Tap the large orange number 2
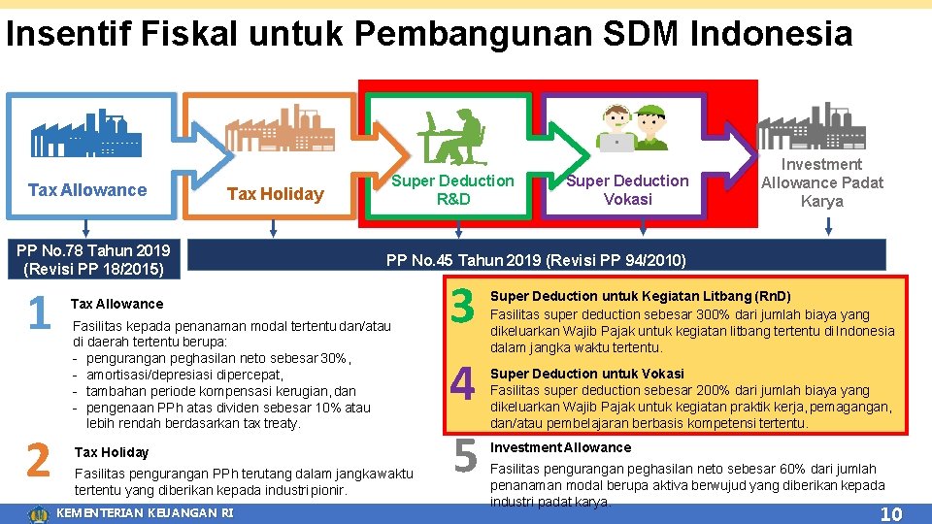pyautogui.click(x=38, y=459)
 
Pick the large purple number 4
pyautogui.click(x=463, y=383)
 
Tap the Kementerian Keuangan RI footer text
pyautogui.click(x=146, y=512)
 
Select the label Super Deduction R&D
pyautogui.click(x=452, y=190)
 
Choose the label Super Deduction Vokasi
pyautogui.click(x=627, y=190)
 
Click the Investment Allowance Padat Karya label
pyautogui.click(x=822, y=183)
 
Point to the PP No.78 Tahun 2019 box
pyautogui.click(x=93, y=259)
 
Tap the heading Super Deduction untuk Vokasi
pyautogui.click(x=586, y=374)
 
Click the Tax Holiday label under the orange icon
pyautogui.click(x=275, y=194)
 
